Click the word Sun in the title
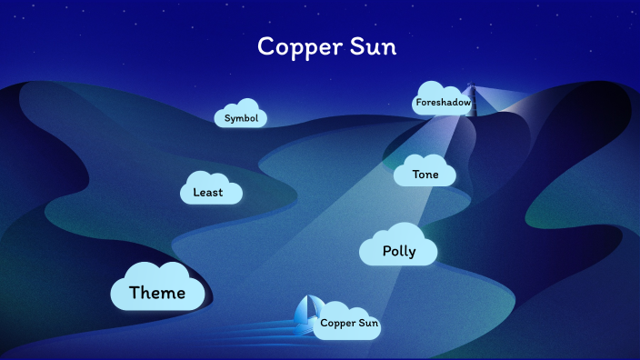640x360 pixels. pos(375,46)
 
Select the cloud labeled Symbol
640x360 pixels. pos(240,114)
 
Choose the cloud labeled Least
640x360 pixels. pos(211,188)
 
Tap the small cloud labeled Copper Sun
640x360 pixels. pos(345,321)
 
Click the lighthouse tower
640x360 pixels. pos(471,98)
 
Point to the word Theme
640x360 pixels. pos(156,293)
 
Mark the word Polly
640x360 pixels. pos(398,252)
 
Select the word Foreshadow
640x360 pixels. pos(443,104)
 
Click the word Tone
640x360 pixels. pos(425,175)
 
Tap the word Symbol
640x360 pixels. pos(241,118)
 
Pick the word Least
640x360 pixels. pos(207,193)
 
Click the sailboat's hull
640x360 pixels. pos(305,325)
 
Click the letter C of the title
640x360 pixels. pos(265,46)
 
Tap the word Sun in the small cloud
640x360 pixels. pos(366,324)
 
